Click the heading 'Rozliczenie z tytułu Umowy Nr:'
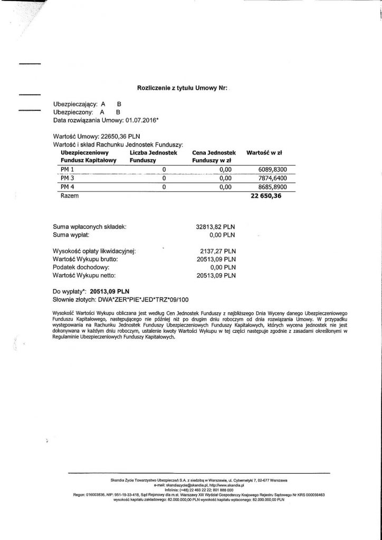182,90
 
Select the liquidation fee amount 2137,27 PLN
217,252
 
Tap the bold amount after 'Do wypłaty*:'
110,291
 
